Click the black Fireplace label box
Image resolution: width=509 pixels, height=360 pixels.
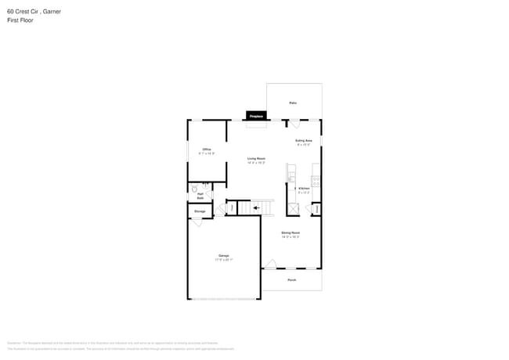pyautogui.click(x=256, y=116)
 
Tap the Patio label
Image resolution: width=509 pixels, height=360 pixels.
pyautogui.click(x=293, y=103)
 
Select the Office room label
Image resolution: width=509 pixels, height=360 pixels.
pyautogui.click(x=207, y=149)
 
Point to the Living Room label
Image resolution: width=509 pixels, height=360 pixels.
pyautogui.click(x=257, y=158)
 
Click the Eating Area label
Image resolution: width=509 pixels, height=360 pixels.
pyautogui.click(x=303, y=141)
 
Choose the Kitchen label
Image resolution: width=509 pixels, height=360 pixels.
pyautogui.click(x=304, y=189)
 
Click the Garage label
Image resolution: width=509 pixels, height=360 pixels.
pyautogui.click(x=223, y=257)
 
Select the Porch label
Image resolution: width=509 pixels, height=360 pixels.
pyautogui.click(x=291, y=279)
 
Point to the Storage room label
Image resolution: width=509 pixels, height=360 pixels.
pyautogui.click(x=200, y=211)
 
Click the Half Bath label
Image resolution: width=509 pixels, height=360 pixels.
pyautogui.click(x=200, y=196)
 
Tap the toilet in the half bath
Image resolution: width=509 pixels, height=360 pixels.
pyautogui.click(x=194, y=189)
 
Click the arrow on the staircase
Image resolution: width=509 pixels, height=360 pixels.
pyautogui.click(x=256, y=208)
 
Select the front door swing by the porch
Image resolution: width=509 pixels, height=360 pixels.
pyautogui.click(x=269, y=265)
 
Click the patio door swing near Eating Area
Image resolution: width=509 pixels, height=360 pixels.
pyautogui.click(x=294, y=124)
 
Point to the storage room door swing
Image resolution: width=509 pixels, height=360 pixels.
pyautogui.click(x=197, y=222)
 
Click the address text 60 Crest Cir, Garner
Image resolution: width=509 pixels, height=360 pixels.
pyautogui.click(x=34, y=12)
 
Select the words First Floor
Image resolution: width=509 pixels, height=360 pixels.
pyautogui.click(x=20, y=20)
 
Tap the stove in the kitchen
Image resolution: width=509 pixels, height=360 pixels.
pyautogui.click(x=315, y=181)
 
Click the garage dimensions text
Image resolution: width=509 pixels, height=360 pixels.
pyautogui.click(x=224, y=260)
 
